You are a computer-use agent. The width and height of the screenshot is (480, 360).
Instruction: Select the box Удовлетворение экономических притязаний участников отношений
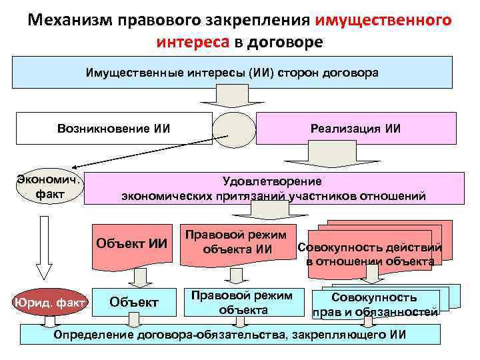[x=273, y=189]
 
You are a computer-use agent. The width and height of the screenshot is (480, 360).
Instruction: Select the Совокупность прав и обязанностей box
[x=374, y=304]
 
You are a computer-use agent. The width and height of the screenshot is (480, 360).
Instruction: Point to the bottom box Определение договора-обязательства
[x=229, y=334]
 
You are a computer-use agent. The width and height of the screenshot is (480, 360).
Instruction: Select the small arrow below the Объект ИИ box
[x=141, y=277]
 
